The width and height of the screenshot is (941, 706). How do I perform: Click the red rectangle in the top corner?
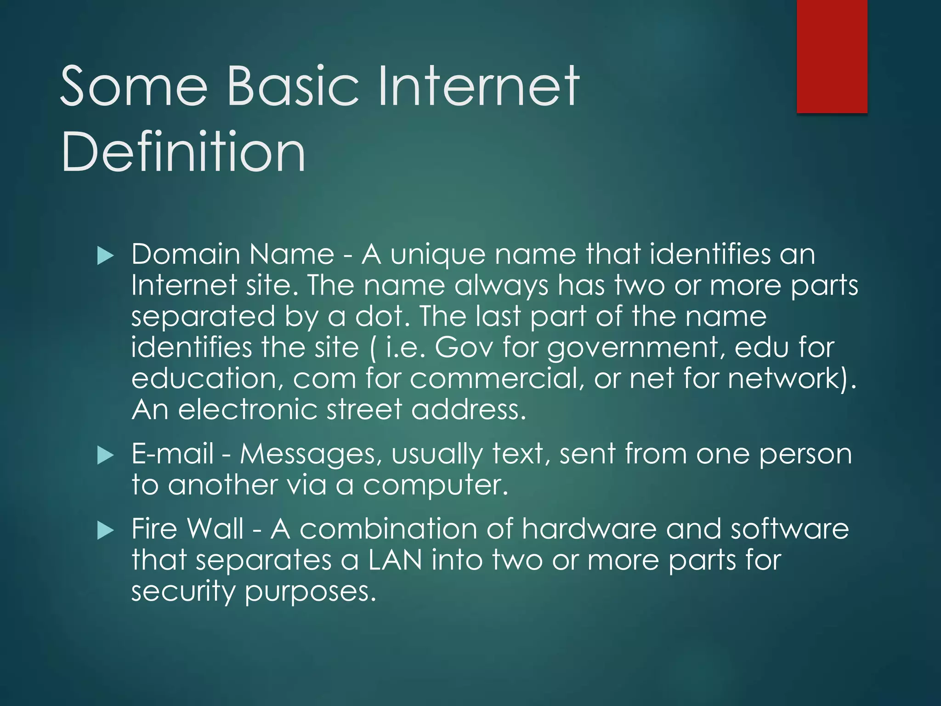(832, 56)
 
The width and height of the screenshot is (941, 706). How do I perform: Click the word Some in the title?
(134, 86)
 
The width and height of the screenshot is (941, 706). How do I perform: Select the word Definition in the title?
(183, 152)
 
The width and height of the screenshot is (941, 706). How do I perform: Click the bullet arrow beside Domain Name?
(106, 256)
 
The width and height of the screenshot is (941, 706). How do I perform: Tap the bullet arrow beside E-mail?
(106, 455)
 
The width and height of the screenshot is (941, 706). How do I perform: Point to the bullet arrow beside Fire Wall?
(106, 530)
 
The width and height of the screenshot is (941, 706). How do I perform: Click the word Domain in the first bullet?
(186, 254)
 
